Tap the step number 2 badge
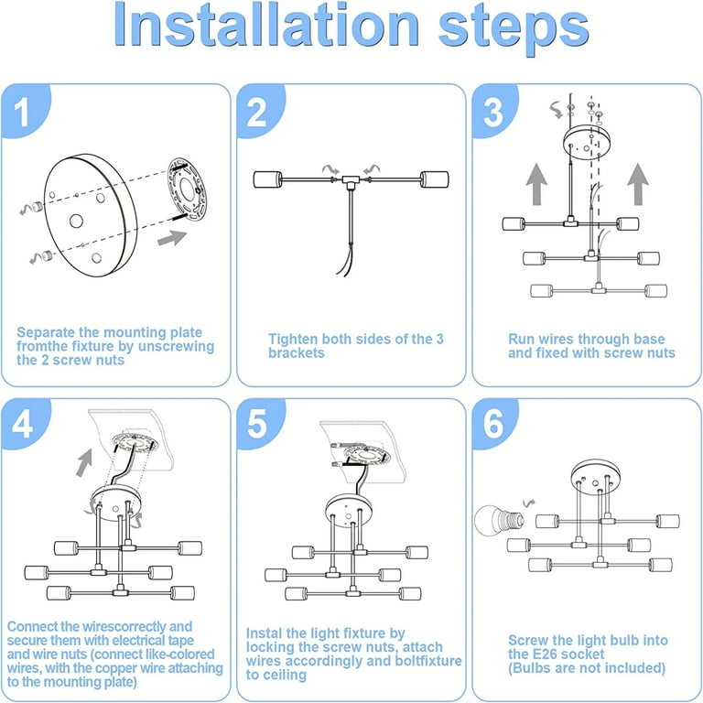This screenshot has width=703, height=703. tap(259, 110)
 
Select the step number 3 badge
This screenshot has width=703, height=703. tap(494, 110)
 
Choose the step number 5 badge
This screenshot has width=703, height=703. tap(259, 423)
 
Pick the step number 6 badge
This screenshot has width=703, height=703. tap(494, 423)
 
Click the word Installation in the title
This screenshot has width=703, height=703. tap(266, 24)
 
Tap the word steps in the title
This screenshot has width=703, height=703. tap(514, 28)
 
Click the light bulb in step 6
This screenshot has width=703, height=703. tap(499, 520)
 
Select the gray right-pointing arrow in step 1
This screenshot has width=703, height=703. tap(172, 238)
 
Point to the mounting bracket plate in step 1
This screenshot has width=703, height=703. tap(187, 189)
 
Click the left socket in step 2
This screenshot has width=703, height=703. tap(267, 179)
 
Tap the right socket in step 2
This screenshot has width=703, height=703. tap(435, 179)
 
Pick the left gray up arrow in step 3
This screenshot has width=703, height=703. tap(536, 184)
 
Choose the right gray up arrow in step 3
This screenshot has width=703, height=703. tap(638, 184)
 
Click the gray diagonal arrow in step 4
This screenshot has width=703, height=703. tap(84, 462)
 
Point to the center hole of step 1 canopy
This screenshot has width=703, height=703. tap(76, 221)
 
